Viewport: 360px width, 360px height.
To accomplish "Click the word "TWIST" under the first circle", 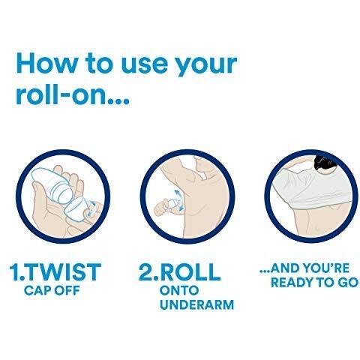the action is click(x=63, y=272).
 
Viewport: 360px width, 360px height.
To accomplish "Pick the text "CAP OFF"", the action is click(x=52, y=290).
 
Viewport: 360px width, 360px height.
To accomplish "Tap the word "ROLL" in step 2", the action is click(x=190, y=272).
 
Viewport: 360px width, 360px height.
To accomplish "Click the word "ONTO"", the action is click(x=179, y=290).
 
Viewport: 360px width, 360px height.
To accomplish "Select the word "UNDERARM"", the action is click(x=197, y=304).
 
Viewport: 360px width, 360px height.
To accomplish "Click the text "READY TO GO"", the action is click(x=314, y=283).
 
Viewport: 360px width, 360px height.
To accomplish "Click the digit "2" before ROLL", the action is click(x=147, y=272).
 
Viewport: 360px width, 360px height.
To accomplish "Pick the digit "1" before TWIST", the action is click(x=14, y=272).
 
